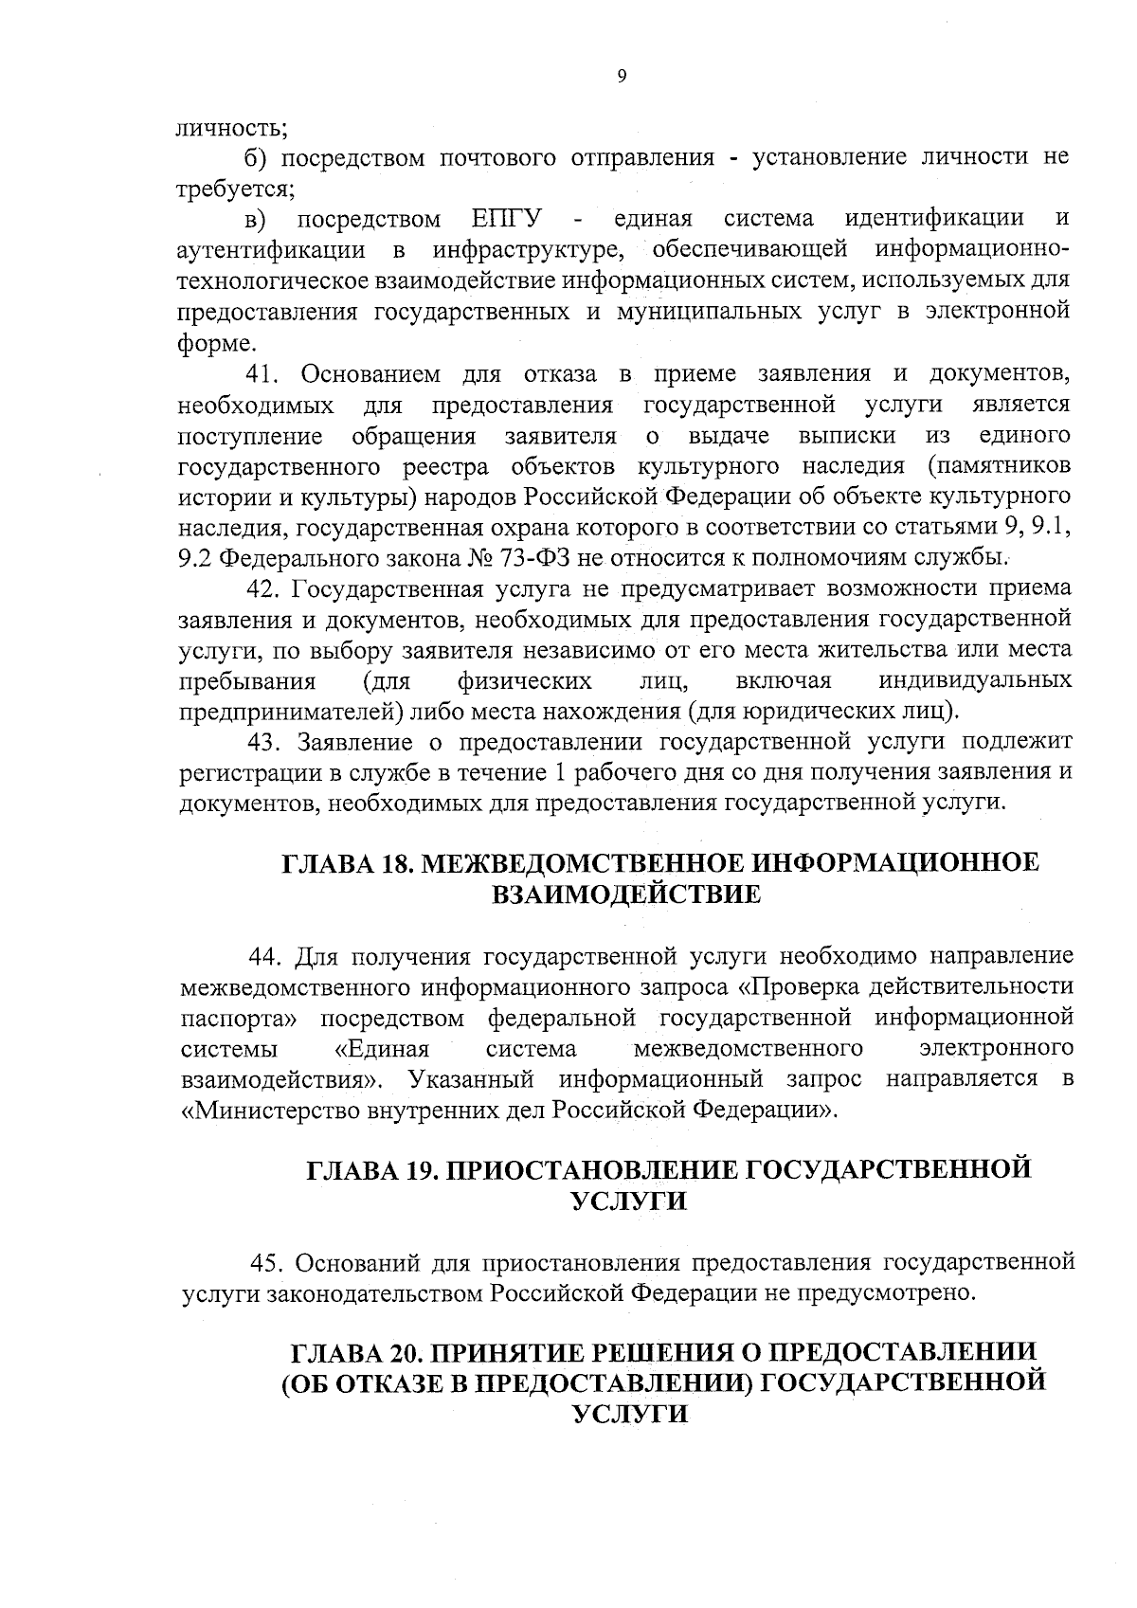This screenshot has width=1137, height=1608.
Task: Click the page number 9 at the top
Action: pyautogui.click(x=622, y=78)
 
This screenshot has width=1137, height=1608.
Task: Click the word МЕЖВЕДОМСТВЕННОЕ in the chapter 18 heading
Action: pyautogui.click(x=589, y=863)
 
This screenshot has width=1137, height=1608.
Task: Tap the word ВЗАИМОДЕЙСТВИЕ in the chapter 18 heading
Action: pyautogui.click(x=625, y=894)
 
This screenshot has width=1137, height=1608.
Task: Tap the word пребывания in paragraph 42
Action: pyautogui.click(x=247, y=681)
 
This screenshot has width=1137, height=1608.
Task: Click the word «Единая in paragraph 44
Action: pyautogui.click(x=384, y=1048)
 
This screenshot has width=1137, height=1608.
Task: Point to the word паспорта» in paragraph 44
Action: pyautogui.click(x=239, y=1018)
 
